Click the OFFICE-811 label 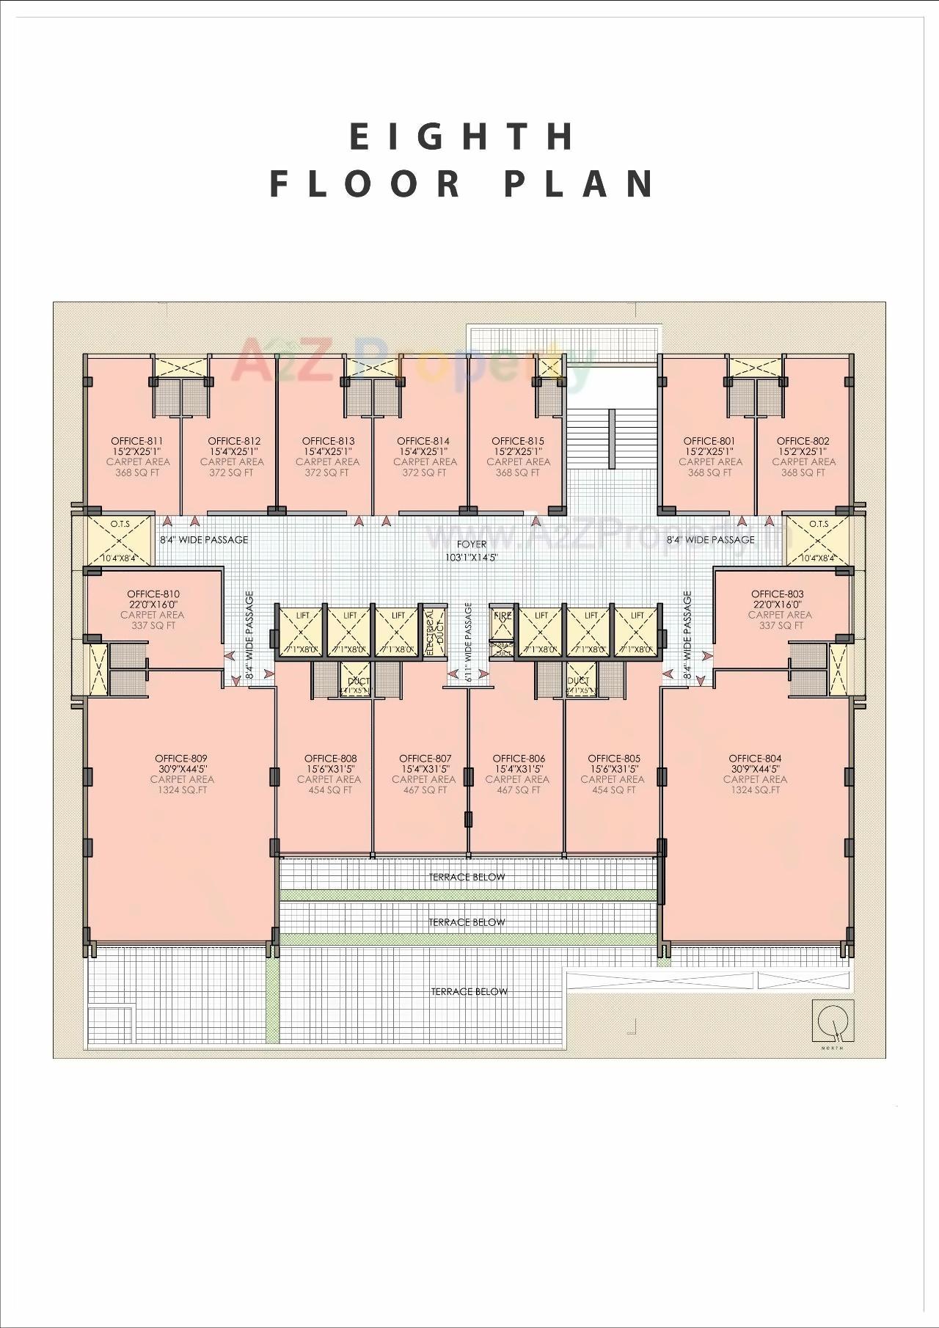[137, 441]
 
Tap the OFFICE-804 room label [755, 758]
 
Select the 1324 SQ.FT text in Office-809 [182, 790]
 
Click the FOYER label [471, 544]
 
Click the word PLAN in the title [580, 183]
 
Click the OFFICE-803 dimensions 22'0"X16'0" [778, 605]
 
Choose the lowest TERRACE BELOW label [469, 991]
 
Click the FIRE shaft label [503, 616]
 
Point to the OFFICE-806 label [519, 758]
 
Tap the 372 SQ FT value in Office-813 [327, 473]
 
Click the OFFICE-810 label [153, 594]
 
